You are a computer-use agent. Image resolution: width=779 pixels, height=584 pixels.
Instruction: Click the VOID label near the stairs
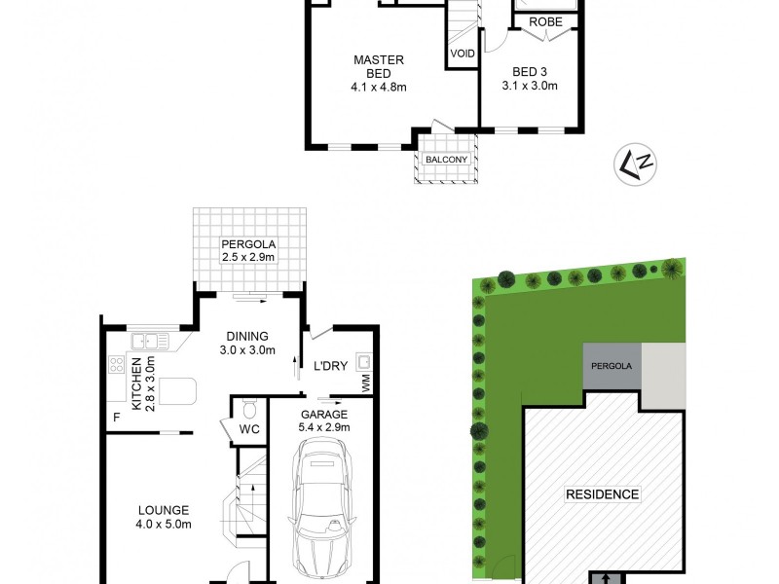[x=463, y=54]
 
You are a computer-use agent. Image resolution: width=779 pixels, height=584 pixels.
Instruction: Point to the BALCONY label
[x=446, y=160]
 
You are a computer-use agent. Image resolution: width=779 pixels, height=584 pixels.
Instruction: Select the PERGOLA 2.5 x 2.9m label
[x=249, y=250]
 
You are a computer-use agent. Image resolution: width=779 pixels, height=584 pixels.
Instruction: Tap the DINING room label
[x=247, y=344]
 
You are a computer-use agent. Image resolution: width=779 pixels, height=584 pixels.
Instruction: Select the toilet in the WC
[x=248, y=407]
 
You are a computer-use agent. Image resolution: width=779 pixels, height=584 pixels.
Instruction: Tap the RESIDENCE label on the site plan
[x=603, y=494]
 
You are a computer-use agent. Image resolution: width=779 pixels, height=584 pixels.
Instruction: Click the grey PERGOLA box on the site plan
[x=612, y=366]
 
